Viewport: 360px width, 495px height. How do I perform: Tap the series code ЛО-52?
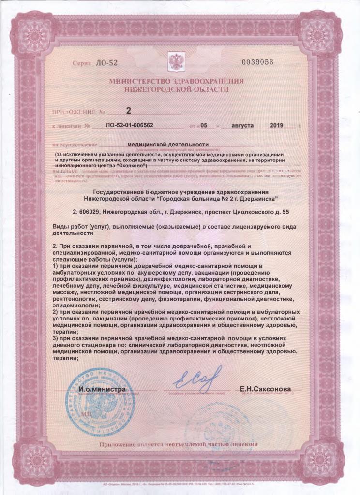[107, 63]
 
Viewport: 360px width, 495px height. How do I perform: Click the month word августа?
[242, 125]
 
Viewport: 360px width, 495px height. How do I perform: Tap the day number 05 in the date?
[204, 125]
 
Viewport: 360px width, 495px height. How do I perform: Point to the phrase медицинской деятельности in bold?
[168, 144]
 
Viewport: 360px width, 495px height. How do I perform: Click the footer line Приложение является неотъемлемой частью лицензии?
[179, 444]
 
